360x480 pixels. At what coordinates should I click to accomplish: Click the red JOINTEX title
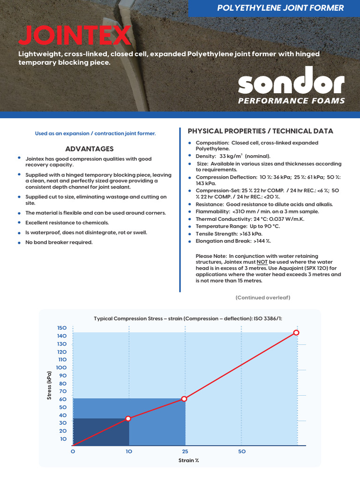pyautogui.click(x=75, y=36)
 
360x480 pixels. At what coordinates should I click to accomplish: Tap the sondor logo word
pyautogui.click(x=291, y=82)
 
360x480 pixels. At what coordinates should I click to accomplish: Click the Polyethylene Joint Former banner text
pyautogui.click(x=280, y=8)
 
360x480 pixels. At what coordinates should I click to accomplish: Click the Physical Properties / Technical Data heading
pyautogui.click(x=260, y=131)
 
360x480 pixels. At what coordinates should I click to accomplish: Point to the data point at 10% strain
pyautogui.click(x=128, y=418)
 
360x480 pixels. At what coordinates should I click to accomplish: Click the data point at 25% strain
pyautogui.click(x=184, y=398)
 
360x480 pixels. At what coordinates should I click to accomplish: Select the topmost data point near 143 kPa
pyautogui.click(x=296, y=332)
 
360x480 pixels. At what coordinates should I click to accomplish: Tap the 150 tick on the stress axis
pyautogui.click(x=62, y=328)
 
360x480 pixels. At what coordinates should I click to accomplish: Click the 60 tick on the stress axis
pyautogui.click(x=63, y=399)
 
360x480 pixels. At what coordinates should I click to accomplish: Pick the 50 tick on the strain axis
pyautogui.click(x=242, y=451)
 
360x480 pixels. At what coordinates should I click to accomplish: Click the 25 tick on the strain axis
pyautogui.click(x=185, y=451)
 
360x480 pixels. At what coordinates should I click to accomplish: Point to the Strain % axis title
pyautogui.click(x=188, y=460)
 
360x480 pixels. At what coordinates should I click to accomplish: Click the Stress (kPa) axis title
pyautogui.click(x=49, y=385)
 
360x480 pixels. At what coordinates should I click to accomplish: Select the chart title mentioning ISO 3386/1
pyautogui.click(x=188, y=319)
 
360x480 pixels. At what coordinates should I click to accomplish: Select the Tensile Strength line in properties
pyautogui.click(x=229, y=233)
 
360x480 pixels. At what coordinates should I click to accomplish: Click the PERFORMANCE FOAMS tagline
pyautogui.click(x=291, y=101)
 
